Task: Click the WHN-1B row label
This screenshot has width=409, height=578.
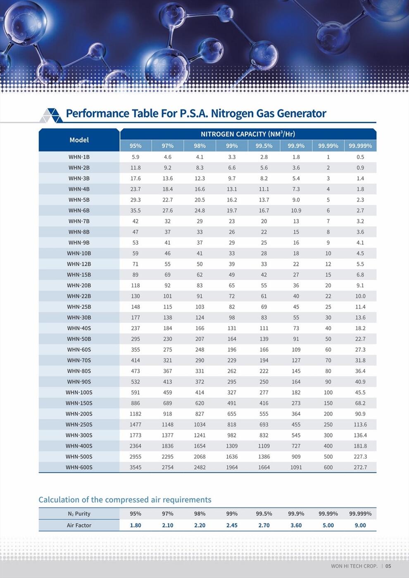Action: tap(79, 157)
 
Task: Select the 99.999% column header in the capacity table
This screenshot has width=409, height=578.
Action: tap(360, 146)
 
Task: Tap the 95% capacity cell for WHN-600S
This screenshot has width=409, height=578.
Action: tap(136, 467)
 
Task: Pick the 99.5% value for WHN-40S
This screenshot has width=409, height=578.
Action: tap(264, 328)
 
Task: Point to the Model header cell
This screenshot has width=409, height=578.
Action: tap(79, 140)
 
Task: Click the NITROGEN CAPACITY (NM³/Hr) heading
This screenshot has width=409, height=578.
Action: tap(248, 134)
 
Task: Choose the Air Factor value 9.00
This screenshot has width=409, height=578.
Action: tap(360, 525)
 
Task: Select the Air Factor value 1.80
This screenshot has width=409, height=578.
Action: tap(136, 525)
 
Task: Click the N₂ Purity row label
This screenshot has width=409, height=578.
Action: tap(79, 514)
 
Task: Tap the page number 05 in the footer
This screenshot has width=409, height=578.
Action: tap(388, 566)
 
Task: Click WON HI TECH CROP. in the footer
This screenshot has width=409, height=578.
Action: tap(354, 566)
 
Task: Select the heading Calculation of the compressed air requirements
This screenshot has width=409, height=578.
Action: tap(125, 500)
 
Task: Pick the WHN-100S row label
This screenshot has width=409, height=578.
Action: tap(79, 392)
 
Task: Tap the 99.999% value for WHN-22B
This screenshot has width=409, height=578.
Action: tap(360, 296)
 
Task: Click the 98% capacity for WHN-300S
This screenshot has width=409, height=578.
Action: tap(200, 435)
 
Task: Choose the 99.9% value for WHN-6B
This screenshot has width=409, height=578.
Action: tap(296, 211)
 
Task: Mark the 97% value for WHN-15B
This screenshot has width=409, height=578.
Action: tap(168, 275)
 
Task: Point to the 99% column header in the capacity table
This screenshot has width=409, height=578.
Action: tap(232, 146)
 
